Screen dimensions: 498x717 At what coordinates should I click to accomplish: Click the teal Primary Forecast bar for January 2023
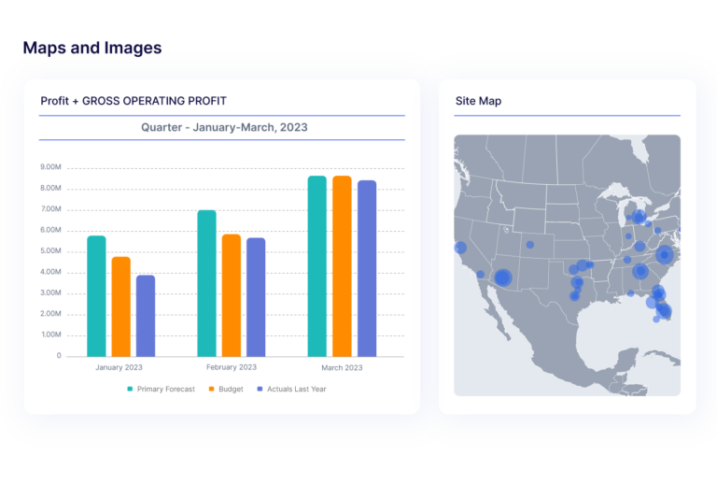[x=96, y=295]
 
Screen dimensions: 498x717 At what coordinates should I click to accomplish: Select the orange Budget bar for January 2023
[x=120, y=306]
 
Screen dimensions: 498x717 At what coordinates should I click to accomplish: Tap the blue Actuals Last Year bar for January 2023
[x=146, y=315]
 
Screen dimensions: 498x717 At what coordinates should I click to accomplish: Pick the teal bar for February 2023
[x=206, y=282]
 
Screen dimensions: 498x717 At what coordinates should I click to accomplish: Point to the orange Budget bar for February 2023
[x=232, y=294]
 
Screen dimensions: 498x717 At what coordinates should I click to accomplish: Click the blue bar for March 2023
[x=367, y=268]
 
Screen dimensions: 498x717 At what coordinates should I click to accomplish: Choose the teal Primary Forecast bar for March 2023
[x=317, y=265]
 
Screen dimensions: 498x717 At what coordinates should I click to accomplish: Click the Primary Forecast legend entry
[x=161, y=389]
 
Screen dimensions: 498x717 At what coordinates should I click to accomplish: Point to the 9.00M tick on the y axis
[x=50, y=168]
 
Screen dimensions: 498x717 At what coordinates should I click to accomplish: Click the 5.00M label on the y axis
[x=50, y=251]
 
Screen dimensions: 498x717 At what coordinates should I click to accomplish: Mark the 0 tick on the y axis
[x=58, y=356]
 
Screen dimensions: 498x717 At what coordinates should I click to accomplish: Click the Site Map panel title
[x=478, y=101]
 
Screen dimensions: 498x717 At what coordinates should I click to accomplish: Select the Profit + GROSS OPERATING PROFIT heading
[x=134, y=101]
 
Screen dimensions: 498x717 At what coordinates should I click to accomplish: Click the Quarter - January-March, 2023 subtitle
[x=224, y=127]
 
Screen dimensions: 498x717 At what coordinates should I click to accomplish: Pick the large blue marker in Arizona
[x=502, y=277]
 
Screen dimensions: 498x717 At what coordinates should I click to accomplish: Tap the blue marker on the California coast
[x=460, y=248]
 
